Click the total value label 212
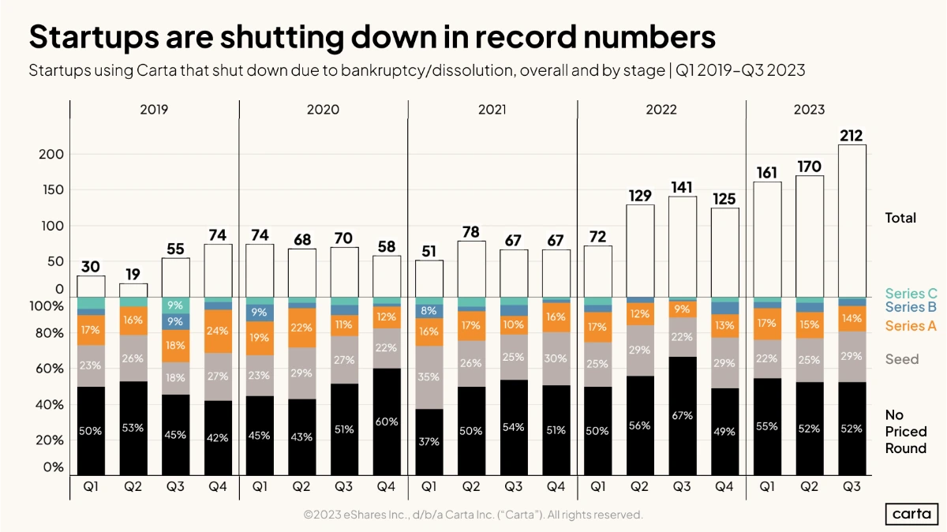[x=852, y=136]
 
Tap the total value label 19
[x=133, y=274]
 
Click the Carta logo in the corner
[x=911, y=513]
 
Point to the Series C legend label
[x=911, y=294]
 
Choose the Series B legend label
[x=911, y=307]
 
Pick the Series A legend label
[x=911, y=326]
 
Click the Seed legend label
[x=901, y=359]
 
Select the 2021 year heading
[x=492, y=110]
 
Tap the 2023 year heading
[x=809, y=110]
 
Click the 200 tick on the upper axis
[x=51, y=154]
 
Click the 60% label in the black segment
[x=387, y=421]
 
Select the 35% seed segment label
[x=429, y=377]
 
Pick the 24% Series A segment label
[x=218, y=332]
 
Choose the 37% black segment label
[x=429, y=442]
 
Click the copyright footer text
[x=473, y=515]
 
